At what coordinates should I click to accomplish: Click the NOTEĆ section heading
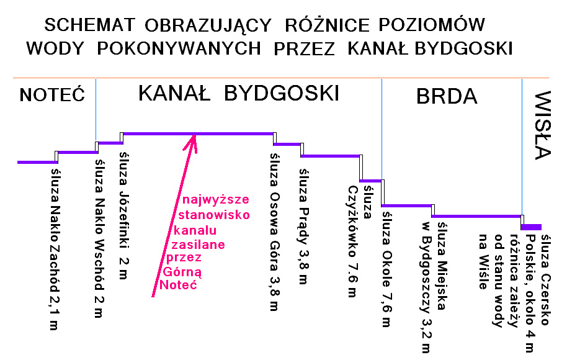pos(52,95)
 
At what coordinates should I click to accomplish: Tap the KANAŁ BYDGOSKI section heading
pos(238,94)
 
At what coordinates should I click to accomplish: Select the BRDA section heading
pos(446,96)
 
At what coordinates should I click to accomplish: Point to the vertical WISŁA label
pos(543,125)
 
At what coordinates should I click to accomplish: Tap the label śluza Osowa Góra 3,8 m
pos(273,232)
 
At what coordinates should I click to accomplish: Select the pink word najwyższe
pos(217,200)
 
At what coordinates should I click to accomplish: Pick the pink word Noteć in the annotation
pos(174,286)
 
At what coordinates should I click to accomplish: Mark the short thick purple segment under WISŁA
pos(532,227)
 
